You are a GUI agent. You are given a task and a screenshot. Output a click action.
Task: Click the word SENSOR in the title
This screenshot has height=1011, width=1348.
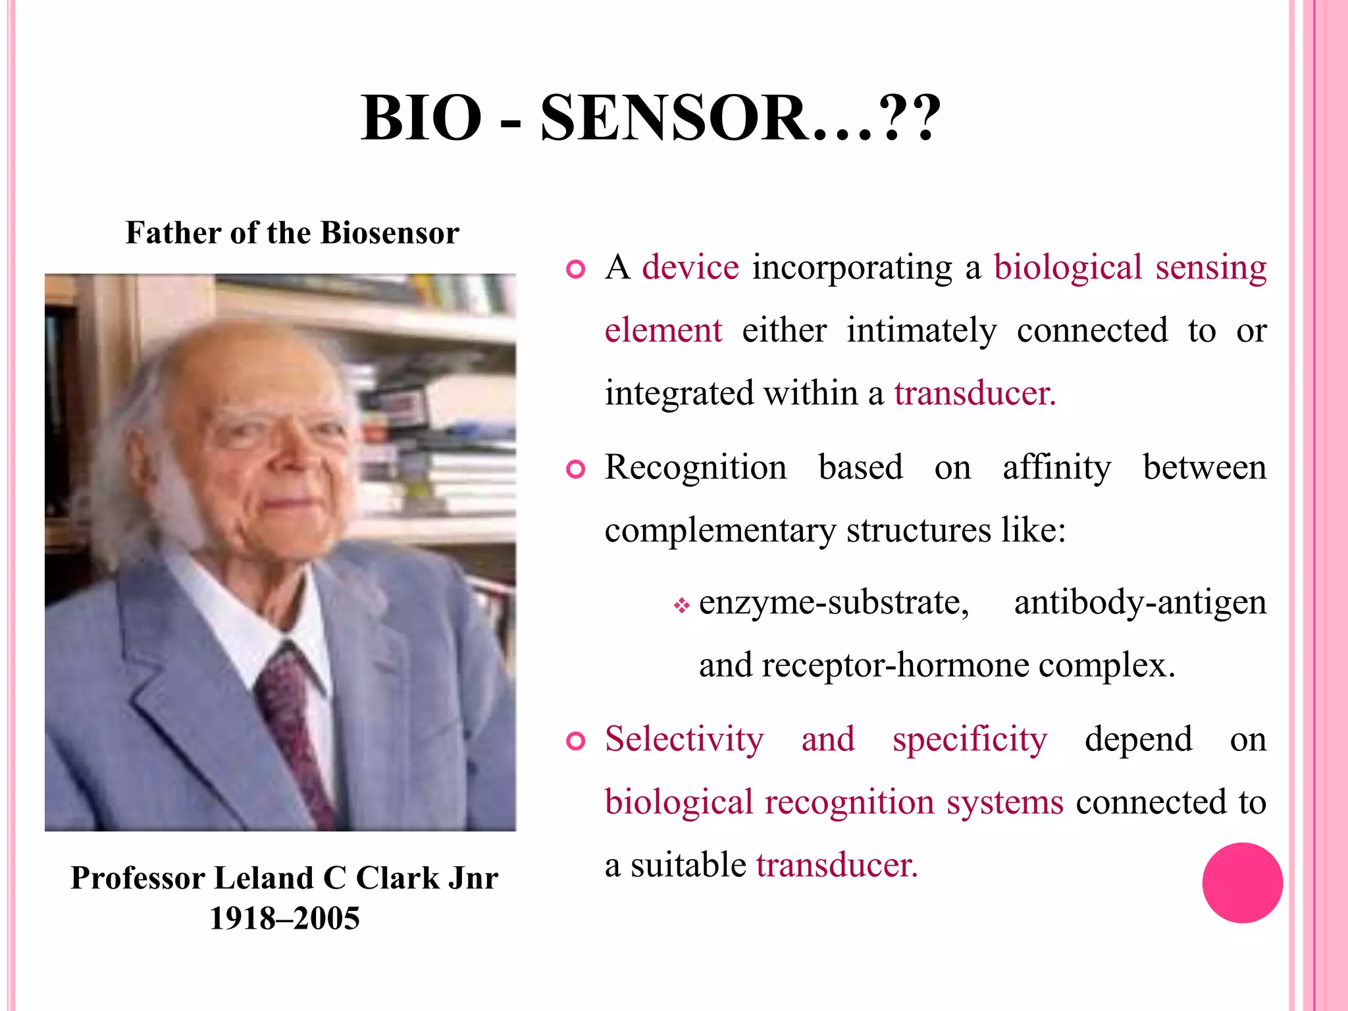coord(675,118)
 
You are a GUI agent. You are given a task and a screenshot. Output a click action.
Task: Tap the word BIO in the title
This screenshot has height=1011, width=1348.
coord(421,118)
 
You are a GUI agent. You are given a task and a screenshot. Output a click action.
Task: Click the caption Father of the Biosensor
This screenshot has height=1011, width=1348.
coord(292,233)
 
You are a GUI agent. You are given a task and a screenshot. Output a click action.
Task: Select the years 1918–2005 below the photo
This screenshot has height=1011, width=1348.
coord(284,918)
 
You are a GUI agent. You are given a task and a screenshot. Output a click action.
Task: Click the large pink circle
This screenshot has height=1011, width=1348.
coord(1242,883)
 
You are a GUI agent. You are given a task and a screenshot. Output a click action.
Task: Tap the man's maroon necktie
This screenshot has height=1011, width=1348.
coord(290,711)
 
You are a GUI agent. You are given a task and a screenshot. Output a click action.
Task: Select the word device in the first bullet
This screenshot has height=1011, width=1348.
coord(690,268)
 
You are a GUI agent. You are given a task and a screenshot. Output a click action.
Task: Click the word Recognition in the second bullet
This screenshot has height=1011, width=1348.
coord(696,468)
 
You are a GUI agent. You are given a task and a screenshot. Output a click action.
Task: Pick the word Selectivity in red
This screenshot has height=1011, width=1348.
coord(684,739)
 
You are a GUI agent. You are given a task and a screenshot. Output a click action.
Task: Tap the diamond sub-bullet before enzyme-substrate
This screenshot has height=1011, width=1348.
coord(681,605)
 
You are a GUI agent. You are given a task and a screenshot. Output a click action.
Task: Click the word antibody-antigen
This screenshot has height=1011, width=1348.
coord(1139,603)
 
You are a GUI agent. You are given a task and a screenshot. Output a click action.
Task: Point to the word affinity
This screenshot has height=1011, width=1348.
coord(1056,468)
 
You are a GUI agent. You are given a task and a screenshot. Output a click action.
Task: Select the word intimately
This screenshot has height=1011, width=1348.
coord(921,330)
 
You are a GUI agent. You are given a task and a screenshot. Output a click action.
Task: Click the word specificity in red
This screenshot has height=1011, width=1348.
coord(969,739)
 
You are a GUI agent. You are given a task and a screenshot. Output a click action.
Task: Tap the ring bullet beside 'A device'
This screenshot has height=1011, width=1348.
coord(576,270)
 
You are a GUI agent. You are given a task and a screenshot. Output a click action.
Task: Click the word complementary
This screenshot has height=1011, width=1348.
coord(720,531)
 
